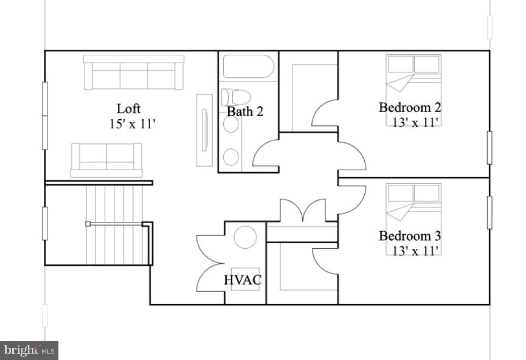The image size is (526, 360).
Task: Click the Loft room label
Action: point(128,109)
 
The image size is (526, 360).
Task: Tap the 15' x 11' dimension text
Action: point(133,125)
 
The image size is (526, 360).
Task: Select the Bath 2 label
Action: point(245,112)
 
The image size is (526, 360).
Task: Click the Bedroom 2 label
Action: point(410,108)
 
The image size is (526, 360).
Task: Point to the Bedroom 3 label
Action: point(410,236)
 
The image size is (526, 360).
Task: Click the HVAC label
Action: point(243,280)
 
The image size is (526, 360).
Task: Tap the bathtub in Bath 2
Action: point(248,66)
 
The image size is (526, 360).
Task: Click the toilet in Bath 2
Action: point(236,97)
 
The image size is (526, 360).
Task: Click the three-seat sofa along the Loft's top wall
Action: point(134,72)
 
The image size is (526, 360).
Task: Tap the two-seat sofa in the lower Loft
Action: point(106,160)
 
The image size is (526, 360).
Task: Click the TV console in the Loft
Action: point(204,130)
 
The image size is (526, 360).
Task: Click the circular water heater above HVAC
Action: point(246,237)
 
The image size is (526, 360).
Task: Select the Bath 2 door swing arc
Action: point(265,153)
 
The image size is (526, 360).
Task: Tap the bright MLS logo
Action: point(29,350)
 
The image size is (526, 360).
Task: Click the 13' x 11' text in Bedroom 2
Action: point(415,122)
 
